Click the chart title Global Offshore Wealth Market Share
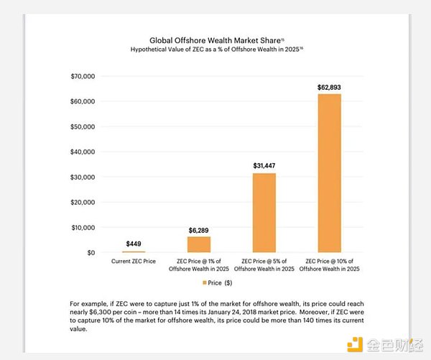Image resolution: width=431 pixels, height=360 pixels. pos(213,41)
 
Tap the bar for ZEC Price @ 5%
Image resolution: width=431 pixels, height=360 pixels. pos(264,213)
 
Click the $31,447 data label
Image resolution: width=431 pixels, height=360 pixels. pos(264,165)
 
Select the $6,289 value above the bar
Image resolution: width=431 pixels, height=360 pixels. pos(199,230)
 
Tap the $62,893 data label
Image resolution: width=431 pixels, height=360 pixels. pos(329,87)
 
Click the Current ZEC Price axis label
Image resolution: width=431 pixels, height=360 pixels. pos(134,261)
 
